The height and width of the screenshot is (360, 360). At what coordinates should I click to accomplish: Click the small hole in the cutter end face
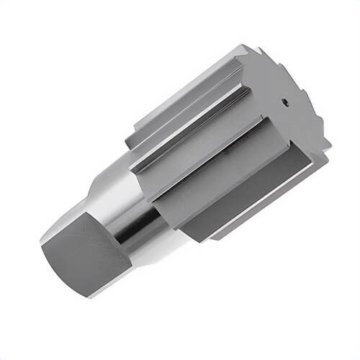pos(286,102)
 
